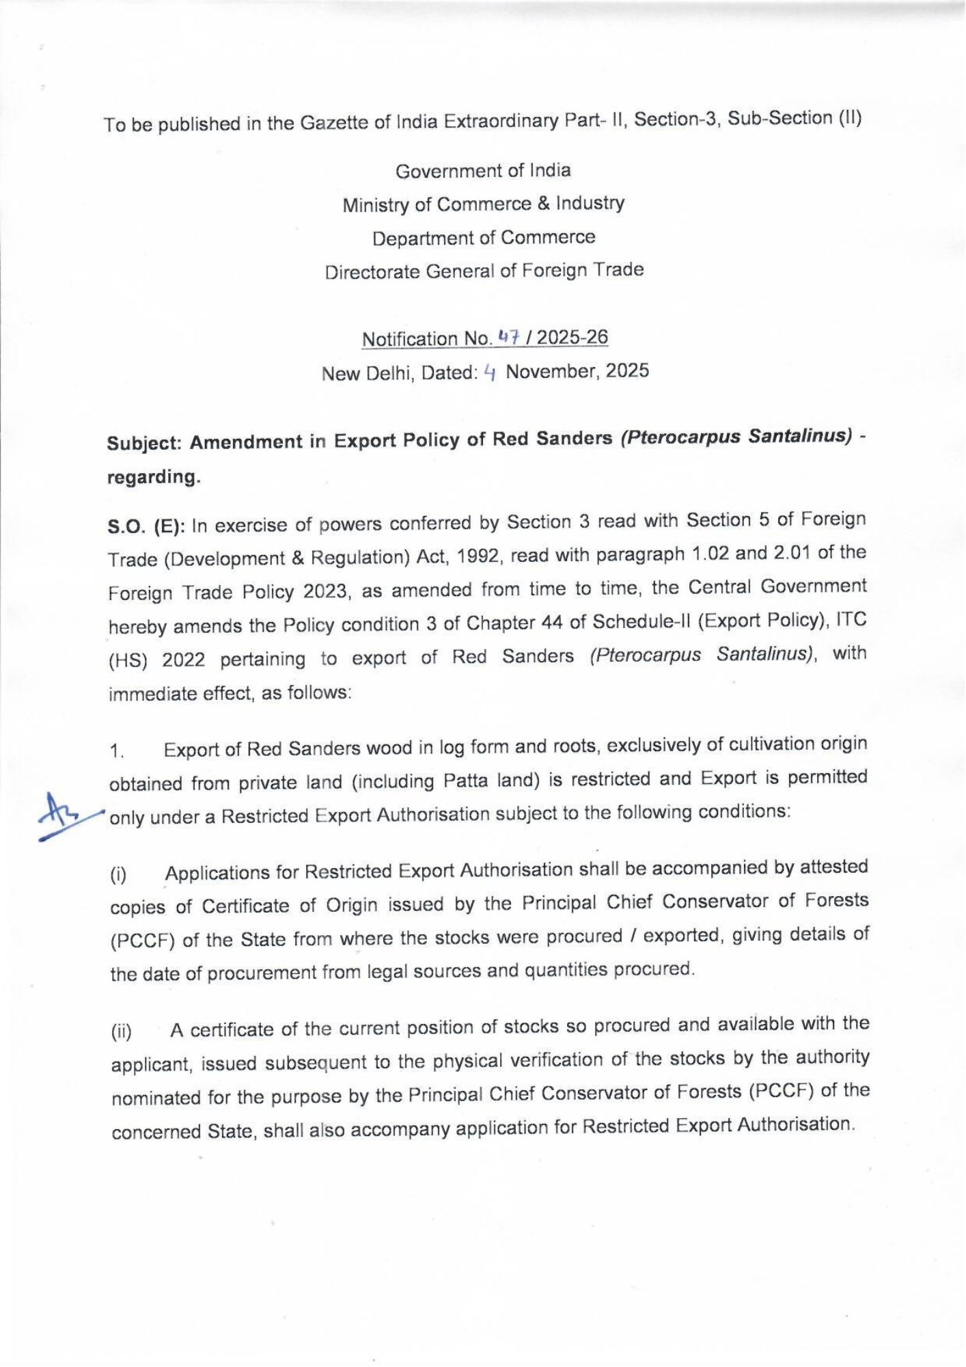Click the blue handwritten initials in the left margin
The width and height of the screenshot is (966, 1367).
click(x=63, y=815)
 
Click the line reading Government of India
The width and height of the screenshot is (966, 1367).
click(x=483, y=171)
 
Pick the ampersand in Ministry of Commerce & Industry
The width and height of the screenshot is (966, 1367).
click(x=544, y=204)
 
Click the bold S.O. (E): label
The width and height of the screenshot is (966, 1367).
click(x=147, y=526)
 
